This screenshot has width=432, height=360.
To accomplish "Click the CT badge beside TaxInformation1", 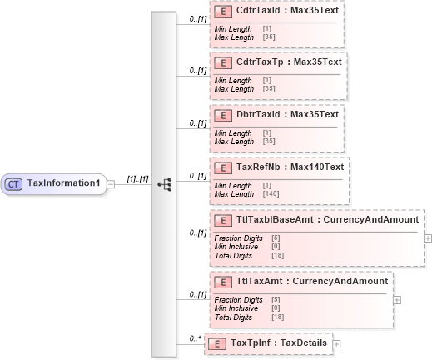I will pyautogui.click(x=15, y=183).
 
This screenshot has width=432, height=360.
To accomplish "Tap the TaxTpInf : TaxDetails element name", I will pyautogui.click(x=279, y=342).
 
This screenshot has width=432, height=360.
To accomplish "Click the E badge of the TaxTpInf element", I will pyautogui.click(x=216, y=342).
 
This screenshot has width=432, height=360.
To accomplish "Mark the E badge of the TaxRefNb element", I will pyautogui.click(x=222, y=167).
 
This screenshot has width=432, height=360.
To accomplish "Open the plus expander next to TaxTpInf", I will pyautogui.click(x=336, y=342).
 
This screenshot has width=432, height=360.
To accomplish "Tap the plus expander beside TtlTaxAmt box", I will pyautogui.click(x=397, y=299).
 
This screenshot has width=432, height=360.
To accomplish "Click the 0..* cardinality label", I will pyautogui.click(x=195, y=337).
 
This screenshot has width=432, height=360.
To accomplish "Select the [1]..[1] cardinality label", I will pyautogui.click(x=137, y=178).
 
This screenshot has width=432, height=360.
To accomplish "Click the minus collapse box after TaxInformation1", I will pyautogui.click(x=111, y=184).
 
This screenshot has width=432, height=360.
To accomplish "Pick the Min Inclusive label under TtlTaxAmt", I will pyautogui.click(x=234, y=308).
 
